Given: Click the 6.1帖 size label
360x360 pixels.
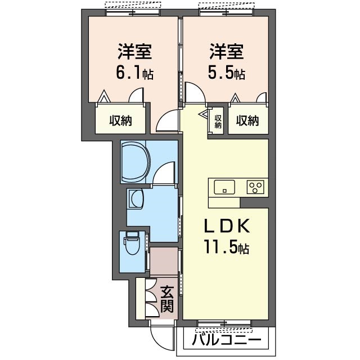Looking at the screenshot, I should (134, 73).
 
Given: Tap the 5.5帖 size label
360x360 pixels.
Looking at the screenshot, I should (227, 73).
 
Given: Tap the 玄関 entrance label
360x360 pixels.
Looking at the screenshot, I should (167, 299).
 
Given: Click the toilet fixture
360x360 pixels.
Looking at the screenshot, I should (133, 243).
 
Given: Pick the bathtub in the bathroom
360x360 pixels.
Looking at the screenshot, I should (134, 162).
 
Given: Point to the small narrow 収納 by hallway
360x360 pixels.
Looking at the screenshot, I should (217, 121).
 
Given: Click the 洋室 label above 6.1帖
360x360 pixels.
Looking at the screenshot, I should (134, 52).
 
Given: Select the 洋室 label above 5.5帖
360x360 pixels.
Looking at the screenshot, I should (227, 52).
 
